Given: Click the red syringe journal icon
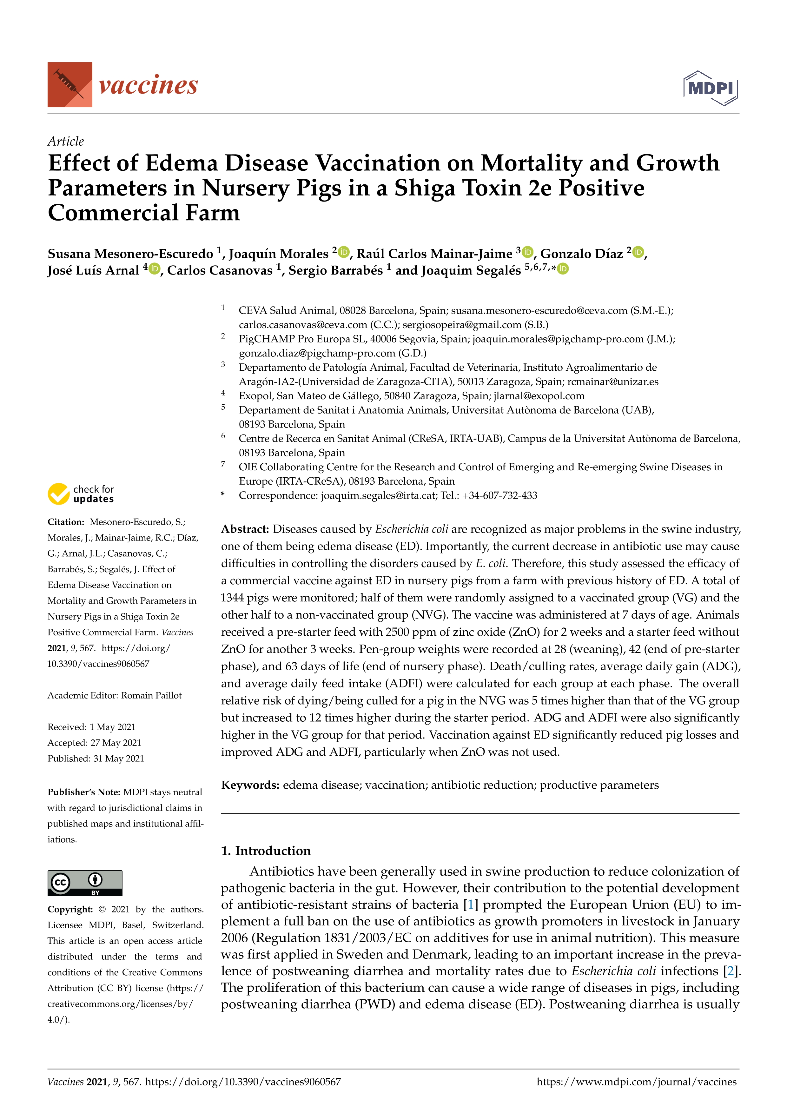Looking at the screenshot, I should pos(69,84).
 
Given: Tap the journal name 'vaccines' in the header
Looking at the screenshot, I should pos(148,85).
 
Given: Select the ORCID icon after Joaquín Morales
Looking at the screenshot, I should pos(344,252).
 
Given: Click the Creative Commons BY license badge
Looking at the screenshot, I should pos(85,883).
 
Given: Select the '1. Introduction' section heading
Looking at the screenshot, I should pos(266,851).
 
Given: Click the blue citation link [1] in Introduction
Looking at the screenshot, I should pos(470,904).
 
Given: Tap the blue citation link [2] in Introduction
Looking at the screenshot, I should pos(731,971).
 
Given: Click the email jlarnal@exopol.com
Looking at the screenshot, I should pos(539,396).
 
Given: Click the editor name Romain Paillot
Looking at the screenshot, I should pos(151,695).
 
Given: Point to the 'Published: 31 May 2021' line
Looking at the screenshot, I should pos(96,758).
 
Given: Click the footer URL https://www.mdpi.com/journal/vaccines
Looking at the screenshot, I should pos(636,1082).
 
